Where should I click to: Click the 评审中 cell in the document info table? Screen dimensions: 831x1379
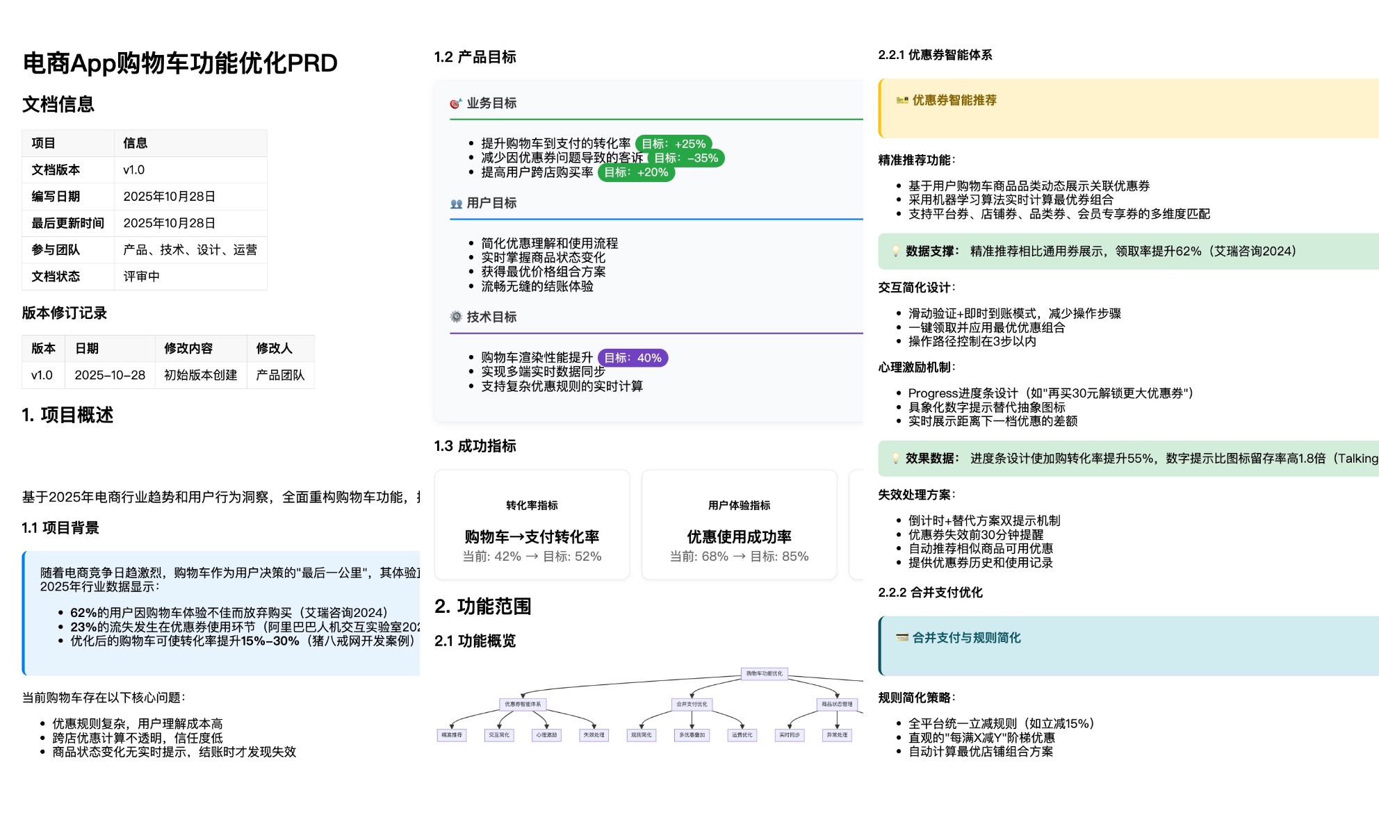pos(141,277)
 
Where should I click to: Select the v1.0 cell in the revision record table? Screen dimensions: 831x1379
pos(42,375)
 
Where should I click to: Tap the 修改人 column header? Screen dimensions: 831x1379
pos(274,348)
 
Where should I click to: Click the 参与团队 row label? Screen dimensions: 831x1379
pos(56,249)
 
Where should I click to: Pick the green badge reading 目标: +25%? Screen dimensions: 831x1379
pos(673,144)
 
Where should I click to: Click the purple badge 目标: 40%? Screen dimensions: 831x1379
pos(633,358)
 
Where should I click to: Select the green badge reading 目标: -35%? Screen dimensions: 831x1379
pos(686,158)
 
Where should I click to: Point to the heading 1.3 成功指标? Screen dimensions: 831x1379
pos(475,446)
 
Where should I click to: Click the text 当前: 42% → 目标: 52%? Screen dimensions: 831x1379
pos(532,557)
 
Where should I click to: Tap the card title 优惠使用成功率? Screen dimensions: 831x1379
pos(739,536)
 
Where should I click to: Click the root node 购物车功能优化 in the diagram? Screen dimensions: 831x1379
pos(764,673)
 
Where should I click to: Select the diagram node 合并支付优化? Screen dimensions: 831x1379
pos(692,704)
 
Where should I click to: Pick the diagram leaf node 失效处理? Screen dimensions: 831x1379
pos(594,734)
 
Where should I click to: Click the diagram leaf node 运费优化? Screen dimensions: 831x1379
pos(742,734)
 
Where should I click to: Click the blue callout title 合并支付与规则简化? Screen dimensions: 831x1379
pos(965,638)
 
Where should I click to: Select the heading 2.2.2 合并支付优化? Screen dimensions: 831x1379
pos(930,593)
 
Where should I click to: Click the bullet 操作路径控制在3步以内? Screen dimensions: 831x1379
pos(972,341)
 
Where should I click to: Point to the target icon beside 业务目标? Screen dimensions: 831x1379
pos(455,104)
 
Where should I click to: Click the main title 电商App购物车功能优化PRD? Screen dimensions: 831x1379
pos(180,63)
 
